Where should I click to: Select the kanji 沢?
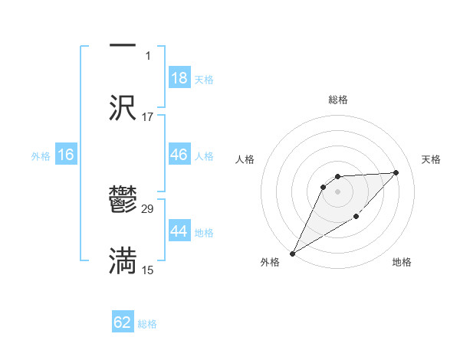123,107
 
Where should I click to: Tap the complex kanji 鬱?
123,201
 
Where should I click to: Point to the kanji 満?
123,260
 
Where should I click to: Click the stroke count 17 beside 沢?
148,117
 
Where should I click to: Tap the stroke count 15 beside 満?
148,270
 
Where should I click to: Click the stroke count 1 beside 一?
148,56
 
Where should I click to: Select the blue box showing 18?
179,78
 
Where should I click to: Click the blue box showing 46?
179,155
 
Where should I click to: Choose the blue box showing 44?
179,231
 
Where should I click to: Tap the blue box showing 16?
66,155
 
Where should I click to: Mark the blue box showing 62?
123,322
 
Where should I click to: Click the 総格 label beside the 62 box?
147,324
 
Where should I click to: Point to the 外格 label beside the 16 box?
41,156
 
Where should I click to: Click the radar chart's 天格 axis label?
431,159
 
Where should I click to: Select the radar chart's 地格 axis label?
402,263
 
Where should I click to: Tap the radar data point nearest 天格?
396,173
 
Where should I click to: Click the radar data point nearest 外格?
292,254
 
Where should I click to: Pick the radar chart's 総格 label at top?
338,100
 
